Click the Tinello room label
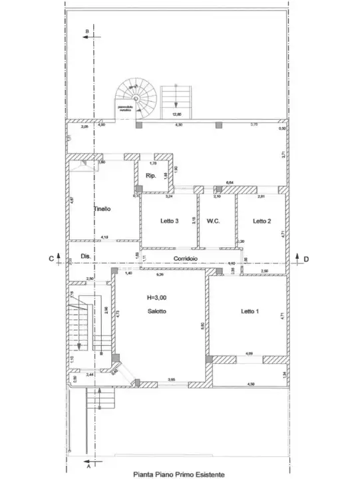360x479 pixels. coord(102,208)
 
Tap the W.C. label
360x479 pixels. coord(214,221)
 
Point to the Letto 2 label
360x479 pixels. coord(261,221)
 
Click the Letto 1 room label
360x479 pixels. coord(250,311)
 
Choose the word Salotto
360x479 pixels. coord(156,311)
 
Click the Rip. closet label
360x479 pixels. coord(150,176)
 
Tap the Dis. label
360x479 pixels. coord(85,256)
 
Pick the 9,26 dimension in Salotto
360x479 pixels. coord(159,274)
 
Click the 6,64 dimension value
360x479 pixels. coord(230,182)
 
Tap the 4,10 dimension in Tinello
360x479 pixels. coord(104,238)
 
